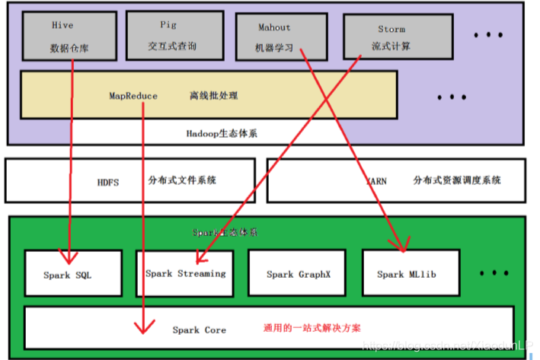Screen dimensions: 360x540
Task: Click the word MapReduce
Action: click(133, 96)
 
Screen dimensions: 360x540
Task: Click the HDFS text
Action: click(107, 183)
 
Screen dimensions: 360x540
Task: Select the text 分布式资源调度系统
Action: click(457, 181)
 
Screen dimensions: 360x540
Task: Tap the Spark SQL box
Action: click(72, 273)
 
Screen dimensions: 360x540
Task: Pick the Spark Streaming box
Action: click(184, 273)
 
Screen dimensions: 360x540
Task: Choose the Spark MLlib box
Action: click(407, 273)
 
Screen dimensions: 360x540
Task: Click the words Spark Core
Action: click(199, 330)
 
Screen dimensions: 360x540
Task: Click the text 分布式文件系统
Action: click(182, 181)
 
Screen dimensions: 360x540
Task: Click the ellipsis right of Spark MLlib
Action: click(494, 272)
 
